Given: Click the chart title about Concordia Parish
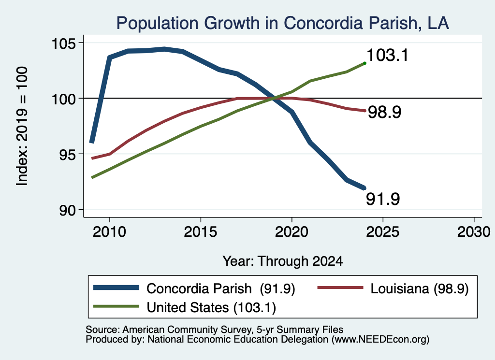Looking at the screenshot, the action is [x=282, y=23].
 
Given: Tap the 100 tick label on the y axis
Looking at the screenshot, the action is [x=64, y=99].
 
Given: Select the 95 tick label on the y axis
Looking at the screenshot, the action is [x=68, y=154].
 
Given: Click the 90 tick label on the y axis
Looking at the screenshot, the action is [x=68, y=210].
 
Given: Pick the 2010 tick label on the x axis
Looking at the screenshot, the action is [x=110, y=232].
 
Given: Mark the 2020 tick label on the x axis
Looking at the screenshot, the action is [x=291, y=232].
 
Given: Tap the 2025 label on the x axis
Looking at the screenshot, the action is [x=383, y=232].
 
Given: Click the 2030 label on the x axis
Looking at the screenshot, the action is [x=474, y=232].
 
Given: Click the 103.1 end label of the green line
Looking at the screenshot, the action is [x=388, y=55].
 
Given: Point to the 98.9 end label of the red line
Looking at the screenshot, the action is [x=385, y=112].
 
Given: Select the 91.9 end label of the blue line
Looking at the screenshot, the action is [x=383, y=199].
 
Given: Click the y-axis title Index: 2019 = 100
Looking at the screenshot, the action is [x=22, y=126].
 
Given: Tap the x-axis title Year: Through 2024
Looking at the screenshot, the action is [x=282, y=261].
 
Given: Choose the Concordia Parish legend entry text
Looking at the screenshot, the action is [x=220, y=288].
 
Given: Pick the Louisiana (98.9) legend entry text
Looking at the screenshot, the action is [x=420, y=288].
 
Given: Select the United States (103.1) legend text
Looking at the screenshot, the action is [x=211, y=307].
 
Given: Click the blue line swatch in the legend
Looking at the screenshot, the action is [x=116, y=288].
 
